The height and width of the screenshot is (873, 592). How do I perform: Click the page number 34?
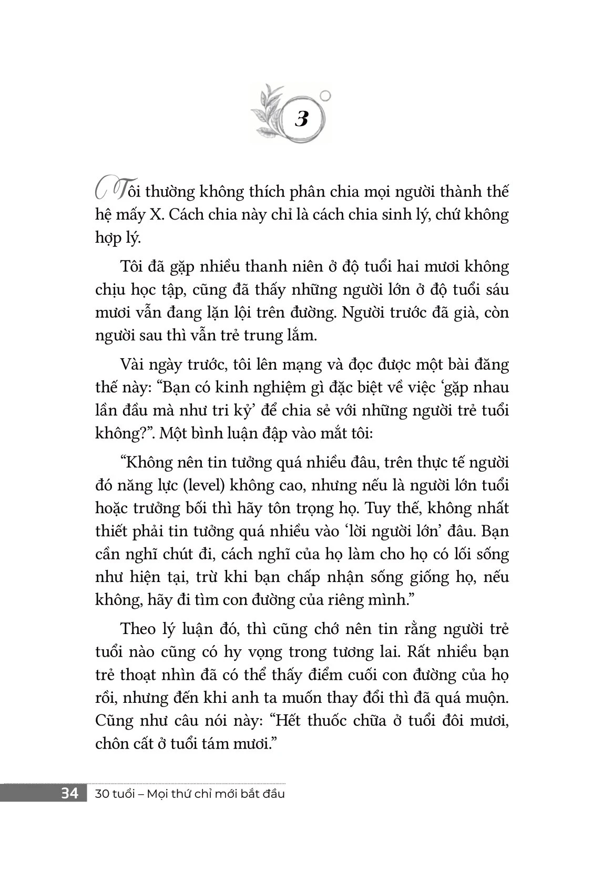[x=69, y=794]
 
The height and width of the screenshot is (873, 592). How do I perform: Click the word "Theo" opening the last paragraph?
[x=137, y=629]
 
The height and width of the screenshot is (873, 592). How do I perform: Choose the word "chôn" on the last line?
[x=111, y=744]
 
